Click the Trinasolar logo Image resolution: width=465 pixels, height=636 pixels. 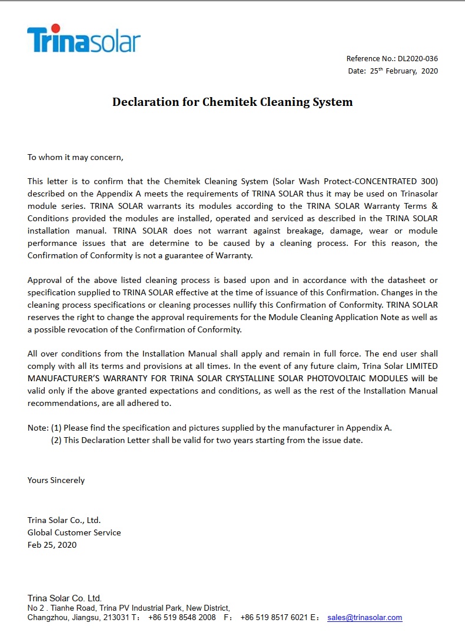(x=84, y=39)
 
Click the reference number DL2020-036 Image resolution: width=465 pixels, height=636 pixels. (x=417, y=59)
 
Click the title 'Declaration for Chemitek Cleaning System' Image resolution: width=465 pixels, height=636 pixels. (x=232, y=102)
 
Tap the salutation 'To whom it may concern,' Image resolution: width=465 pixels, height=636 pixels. (x=75, y=157)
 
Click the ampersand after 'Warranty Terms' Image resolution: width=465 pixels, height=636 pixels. (x=434, y=206)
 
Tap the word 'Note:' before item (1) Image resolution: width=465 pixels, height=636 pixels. (x=38, y=428)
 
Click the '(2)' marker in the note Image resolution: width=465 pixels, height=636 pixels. (x=57, y=440)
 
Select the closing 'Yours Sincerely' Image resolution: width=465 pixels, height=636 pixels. (x=56, y=480)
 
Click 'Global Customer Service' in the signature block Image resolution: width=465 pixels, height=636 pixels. (x=74, y=532)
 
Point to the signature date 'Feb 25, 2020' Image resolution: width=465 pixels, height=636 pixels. (x=52, y=545)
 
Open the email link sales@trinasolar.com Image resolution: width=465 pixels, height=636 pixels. (x=364, y=618)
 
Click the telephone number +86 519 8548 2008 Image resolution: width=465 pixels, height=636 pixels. (x=182, y=618)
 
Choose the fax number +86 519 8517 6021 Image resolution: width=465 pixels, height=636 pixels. (x=274, y=618)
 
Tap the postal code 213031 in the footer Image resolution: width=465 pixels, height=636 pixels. (x=118, y=618)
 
